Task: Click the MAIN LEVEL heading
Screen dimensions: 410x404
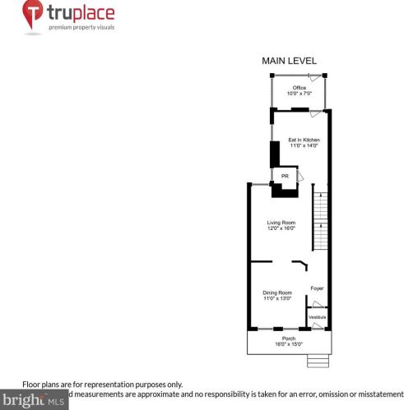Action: click(x=288, y=61)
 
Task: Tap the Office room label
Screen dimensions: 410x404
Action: click(x=299, y=88)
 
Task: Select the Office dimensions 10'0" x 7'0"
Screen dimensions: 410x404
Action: click(x=299, y=94)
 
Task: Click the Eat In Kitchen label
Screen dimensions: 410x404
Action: click(x=303, y=140)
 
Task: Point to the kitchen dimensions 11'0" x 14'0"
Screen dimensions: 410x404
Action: click(x=303, y=145)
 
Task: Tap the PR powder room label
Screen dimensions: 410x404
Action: click(x=285, y=176)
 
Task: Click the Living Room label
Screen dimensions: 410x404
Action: click(x=281, y=223)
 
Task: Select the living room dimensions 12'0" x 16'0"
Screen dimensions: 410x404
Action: click(x=281, y=228)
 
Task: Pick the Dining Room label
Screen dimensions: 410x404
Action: click(x=277, y=293)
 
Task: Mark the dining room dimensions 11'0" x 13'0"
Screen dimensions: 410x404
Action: click(x=277, y=298)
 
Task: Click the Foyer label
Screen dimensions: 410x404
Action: click(x=317, y=288)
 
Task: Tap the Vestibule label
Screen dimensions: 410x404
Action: click(x=317, y=316)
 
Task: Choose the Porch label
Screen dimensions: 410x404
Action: click(x=289, y=338)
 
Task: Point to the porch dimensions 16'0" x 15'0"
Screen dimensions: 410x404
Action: click(x=289, y=343)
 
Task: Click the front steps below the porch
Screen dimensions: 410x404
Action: click(x=317, y=362)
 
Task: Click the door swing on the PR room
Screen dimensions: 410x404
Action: click(x=300, y=177)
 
